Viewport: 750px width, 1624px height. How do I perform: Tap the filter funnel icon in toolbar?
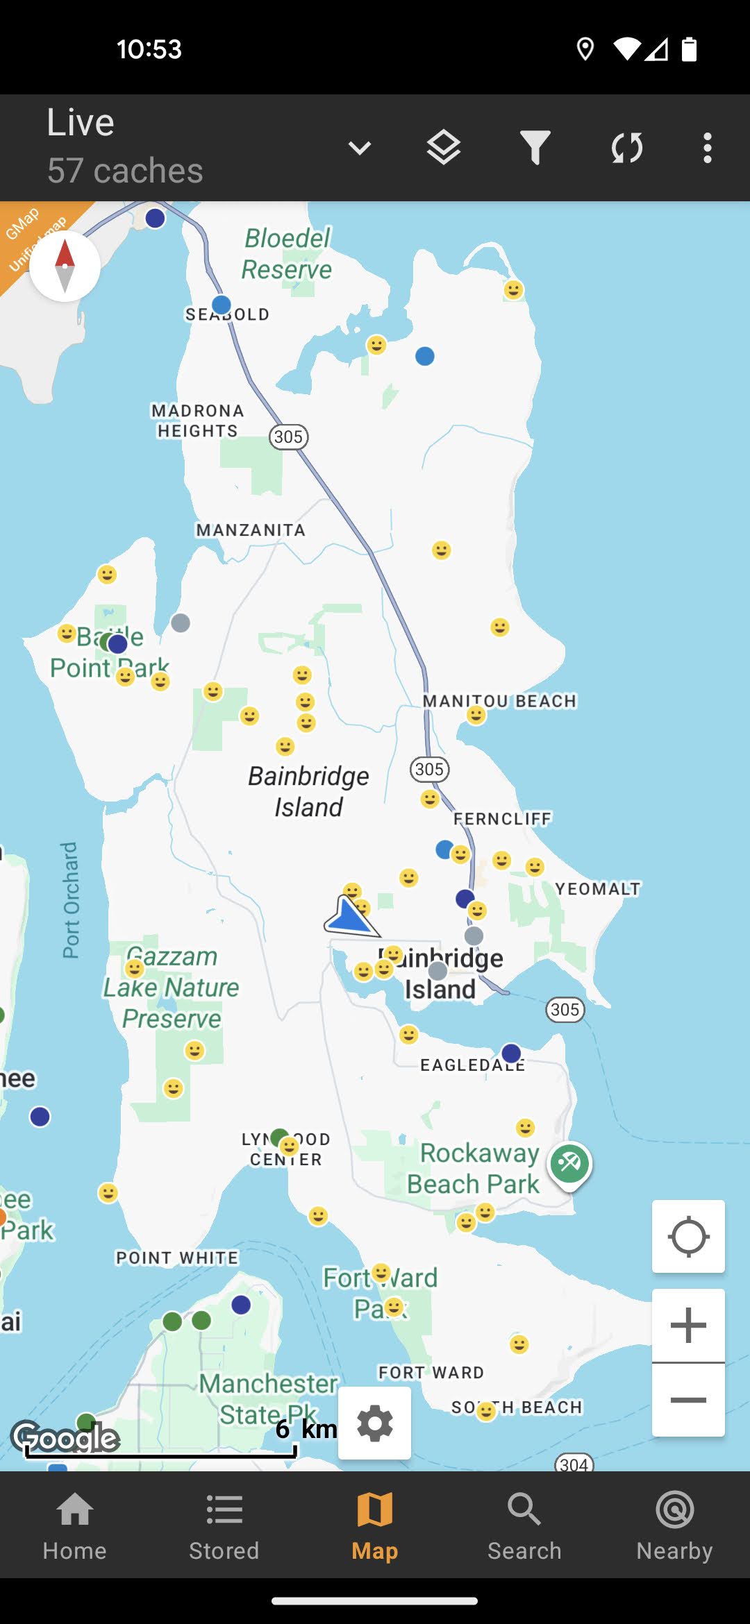[x=535, y=147]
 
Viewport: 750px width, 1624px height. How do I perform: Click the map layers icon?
[x=443, y=147]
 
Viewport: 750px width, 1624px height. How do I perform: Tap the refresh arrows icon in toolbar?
[x=626, y=147]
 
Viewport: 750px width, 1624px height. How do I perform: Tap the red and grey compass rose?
[x=65, y=266]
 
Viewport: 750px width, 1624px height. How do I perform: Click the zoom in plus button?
[x=688, y=1325]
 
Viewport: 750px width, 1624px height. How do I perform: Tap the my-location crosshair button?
[x=688, y=1237]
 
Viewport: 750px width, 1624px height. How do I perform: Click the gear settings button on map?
[x=375, y=1423]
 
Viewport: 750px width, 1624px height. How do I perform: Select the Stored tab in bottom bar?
[x=224, y=1525]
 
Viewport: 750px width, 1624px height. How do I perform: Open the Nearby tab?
[x=674, y=1525]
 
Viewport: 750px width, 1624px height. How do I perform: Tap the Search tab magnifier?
[x=524, y=1525]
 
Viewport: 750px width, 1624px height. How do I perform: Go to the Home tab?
[x=74, y=1525]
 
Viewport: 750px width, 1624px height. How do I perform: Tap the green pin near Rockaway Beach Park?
[x=569, y=1164]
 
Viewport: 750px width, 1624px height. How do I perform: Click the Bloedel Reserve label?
[x=287, y=254]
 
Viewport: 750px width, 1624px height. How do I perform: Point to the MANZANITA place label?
[x=251, y=530]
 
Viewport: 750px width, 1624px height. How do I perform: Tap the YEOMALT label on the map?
[x=597, y=889]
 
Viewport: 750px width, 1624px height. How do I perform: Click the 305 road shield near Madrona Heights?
[x=288, y=437]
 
